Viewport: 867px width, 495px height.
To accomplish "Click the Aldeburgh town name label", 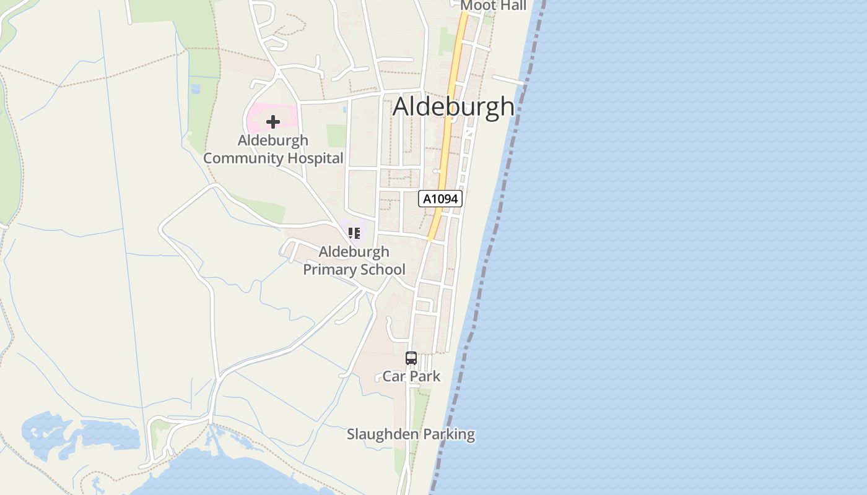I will [x=453, y=106].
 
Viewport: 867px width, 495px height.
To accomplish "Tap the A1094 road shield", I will [x=441, y=199].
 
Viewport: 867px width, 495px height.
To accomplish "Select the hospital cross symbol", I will [x=273, y=122].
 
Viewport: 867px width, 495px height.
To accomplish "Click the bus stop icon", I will [x=411, y=358].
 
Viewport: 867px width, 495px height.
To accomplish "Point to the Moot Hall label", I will [x=494, y=6].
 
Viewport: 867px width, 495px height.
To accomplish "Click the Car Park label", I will [x=411, y=376].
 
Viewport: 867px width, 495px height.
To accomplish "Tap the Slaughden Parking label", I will [x=411, y=434].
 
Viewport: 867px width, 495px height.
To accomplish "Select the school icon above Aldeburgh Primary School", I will [x=354, y=233].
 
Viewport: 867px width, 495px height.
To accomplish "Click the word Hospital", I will [x=315, y=158].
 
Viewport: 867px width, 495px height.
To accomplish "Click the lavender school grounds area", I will [x=365, y=226].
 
